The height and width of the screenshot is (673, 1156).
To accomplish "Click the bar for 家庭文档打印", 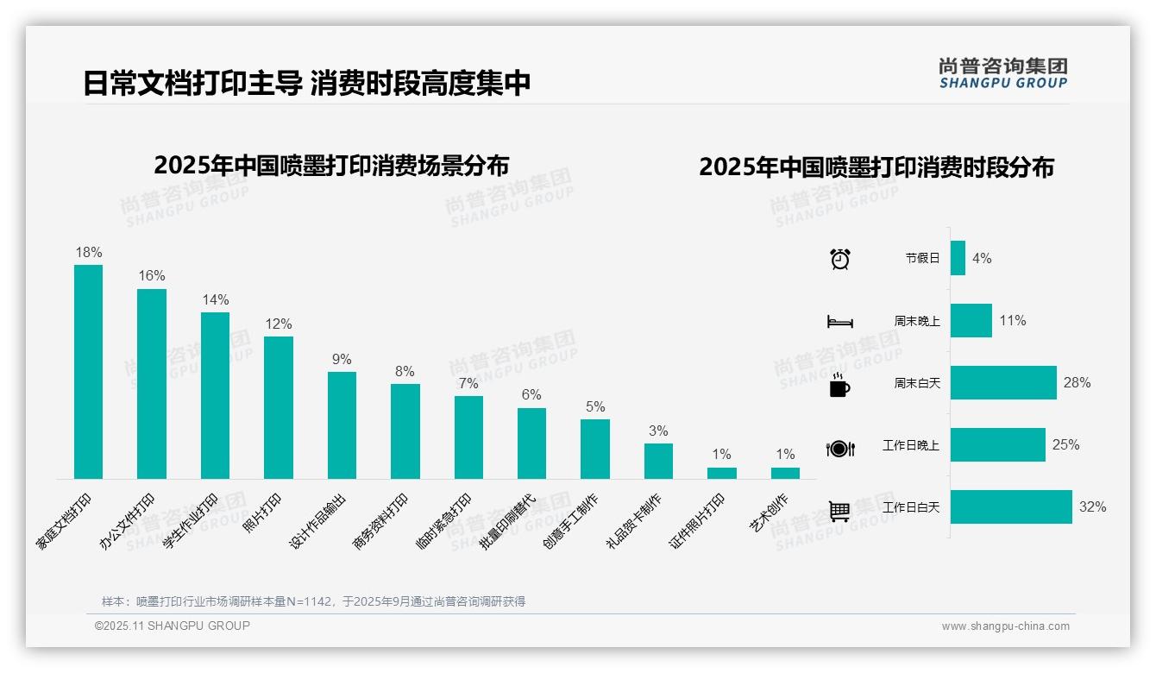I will click(88, 372).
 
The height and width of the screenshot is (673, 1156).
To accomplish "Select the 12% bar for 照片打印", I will click(279, 407).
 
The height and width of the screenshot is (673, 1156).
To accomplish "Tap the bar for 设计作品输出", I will click(342, 425).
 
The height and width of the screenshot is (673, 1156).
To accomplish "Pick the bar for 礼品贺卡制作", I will click(658, 461).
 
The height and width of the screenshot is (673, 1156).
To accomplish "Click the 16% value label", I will click(152, 276).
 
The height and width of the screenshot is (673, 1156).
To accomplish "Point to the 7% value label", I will click(468, 383).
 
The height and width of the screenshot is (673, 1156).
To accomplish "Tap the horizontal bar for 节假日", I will click(958, 258).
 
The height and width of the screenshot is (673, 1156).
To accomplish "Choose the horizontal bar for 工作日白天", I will click(1011, 507).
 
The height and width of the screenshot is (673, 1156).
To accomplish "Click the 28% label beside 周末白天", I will click(1077, 382).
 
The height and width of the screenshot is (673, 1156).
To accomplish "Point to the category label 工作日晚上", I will click(911, 445).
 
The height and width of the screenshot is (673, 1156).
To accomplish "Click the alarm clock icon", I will click(840, 259).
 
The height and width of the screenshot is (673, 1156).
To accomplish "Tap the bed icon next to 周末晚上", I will click(840, 322).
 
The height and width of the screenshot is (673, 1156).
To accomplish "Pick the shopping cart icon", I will click(839, 511).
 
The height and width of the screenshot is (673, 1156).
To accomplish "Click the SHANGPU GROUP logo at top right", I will click(1003, 73).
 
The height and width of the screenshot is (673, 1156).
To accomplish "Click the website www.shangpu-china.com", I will click(1005, 626).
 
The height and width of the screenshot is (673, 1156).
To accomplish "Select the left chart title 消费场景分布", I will click(331, 165).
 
